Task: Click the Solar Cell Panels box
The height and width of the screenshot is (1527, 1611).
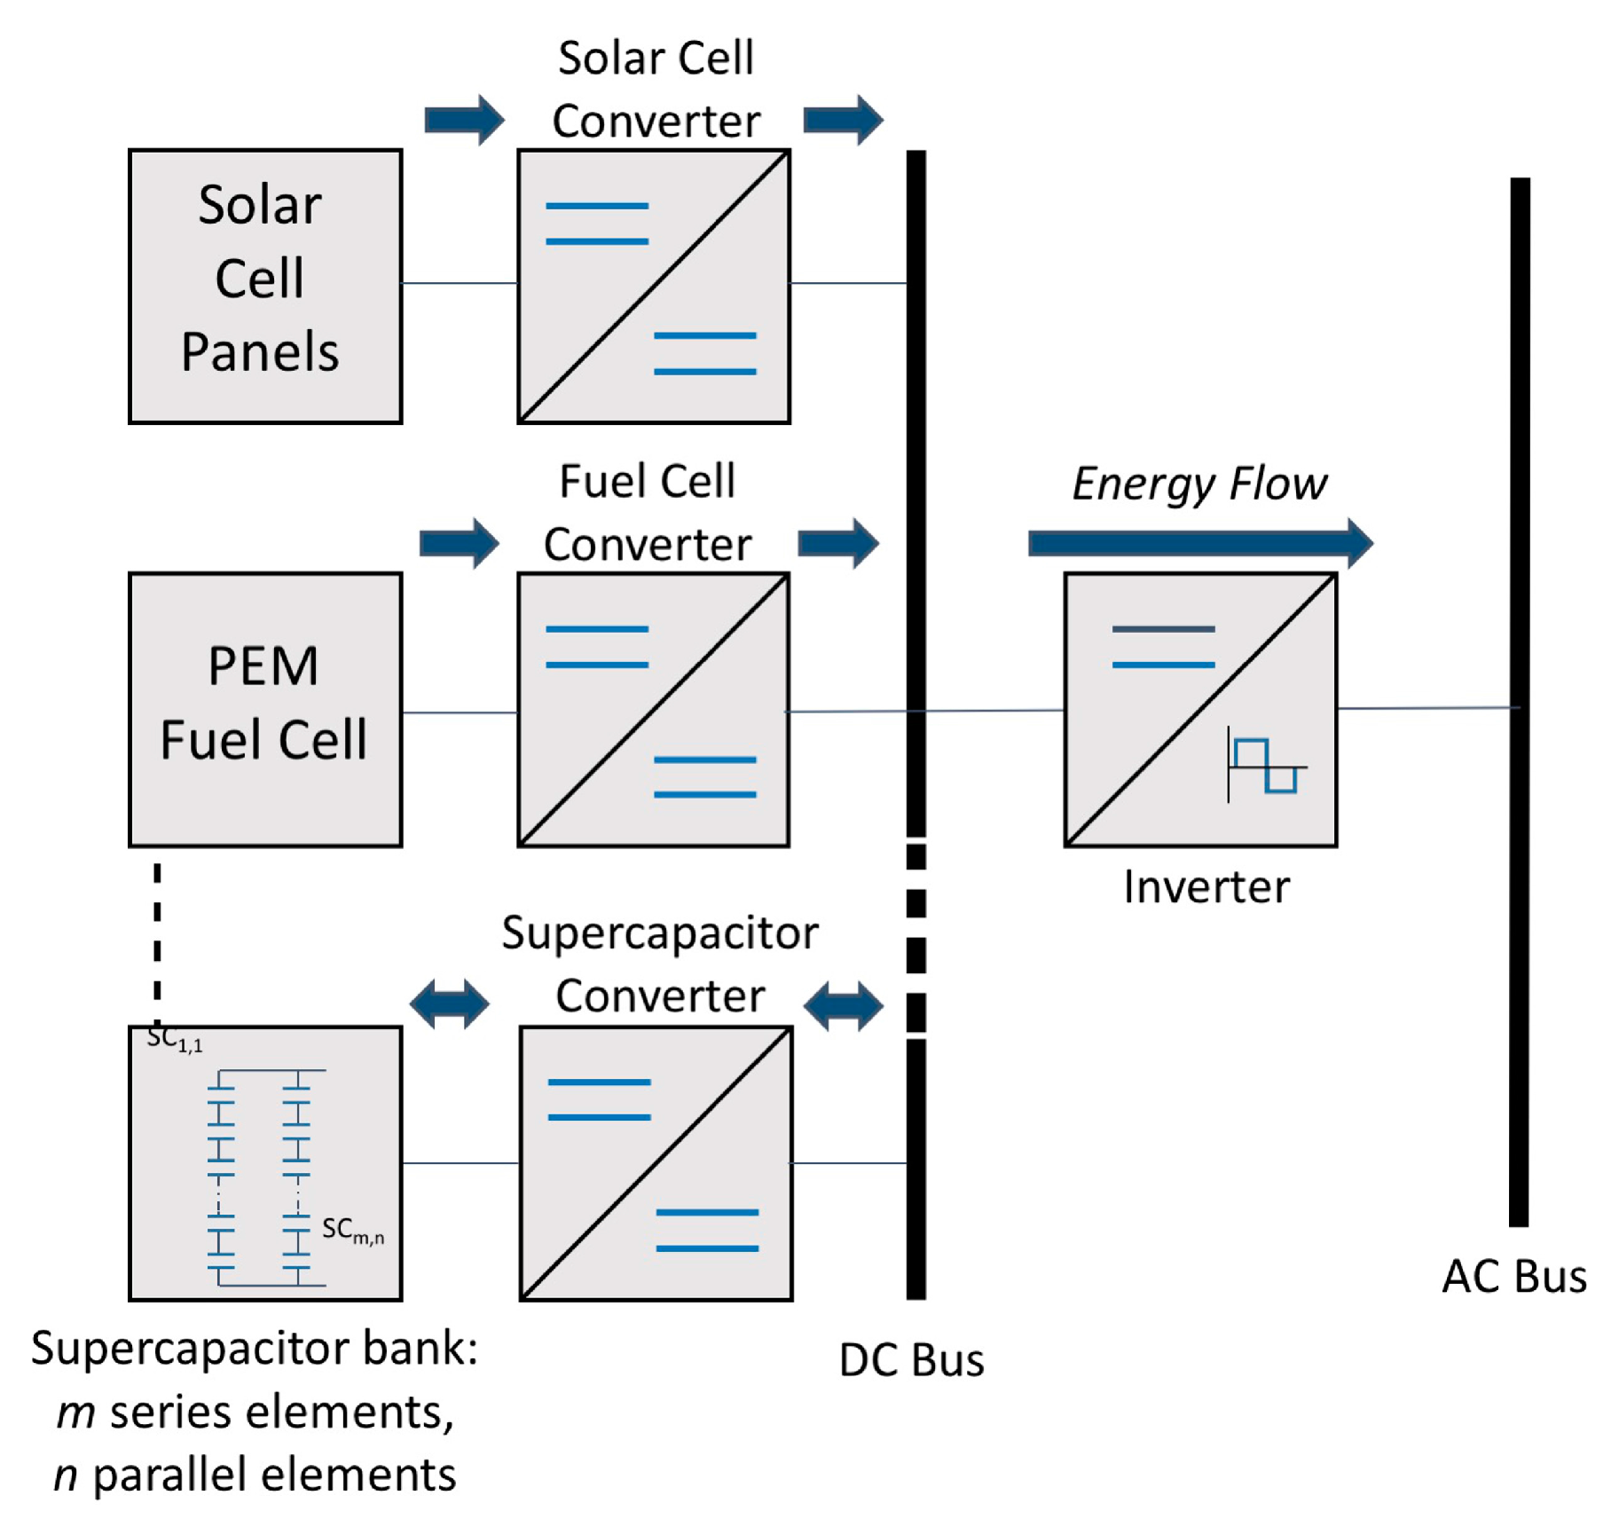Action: click(x=264, y=286)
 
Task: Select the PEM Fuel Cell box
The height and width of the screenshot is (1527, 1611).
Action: click(x=264, y=709)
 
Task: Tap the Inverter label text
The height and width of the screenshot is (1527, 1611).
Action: click(x=1206, y=887)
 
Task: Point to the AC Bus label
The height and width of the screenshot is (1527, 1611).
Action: click(x=1513, y=1277)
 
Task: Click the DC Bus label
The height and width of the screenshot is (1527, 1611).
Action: click(x=911, y=1360)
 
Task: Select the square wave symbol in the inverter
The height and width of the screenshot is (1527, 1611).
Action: click(x=1266, y=765)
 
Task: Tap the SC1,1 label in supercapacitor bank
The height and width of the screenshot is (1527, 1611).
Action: click(x=175, y=1038)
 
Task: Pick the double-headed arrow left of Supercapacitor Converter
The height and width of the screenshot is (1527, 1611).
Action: click(x=449, y=1004)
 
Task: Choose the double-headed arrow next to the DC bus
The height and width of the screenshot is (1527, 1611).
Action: click(x=843, y=1005)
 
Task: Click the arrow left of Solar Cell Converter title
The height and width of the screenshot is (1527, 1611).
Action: click(x=464, y=119)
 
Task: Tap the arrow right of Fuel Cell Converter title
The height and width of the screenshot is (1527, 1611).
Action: click(x=838, y=542)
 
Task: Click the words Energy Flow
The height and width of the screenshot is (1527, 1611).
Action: click(x=1199, y=484)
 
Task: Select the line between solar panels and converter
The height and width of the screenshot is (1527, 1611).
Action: click(x=459, y=283)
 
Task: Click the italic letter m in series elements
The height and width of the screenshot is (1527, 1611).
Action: click(x=75, y=1413)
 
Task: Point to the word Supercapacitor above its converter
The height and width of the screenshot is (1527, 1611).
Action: click(x=660, y=933)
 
